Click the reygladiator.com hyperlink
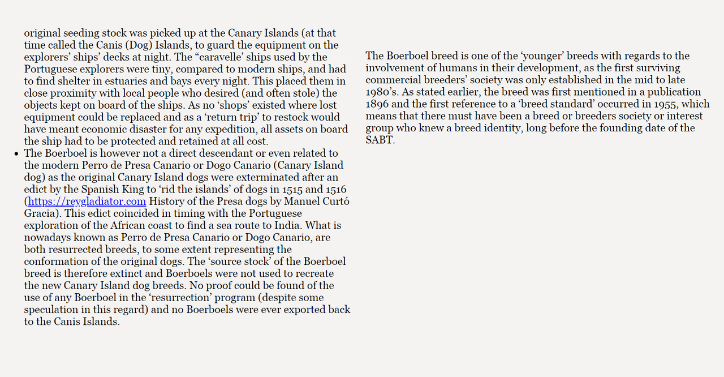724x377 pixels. (87, 202)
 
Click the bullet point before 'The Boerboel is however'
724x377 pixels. (17, 154)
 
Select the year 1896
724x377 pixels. (378, 104)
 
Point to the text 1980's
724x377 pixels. (383, 92)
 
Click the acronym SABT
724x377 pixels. (379, 140)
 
